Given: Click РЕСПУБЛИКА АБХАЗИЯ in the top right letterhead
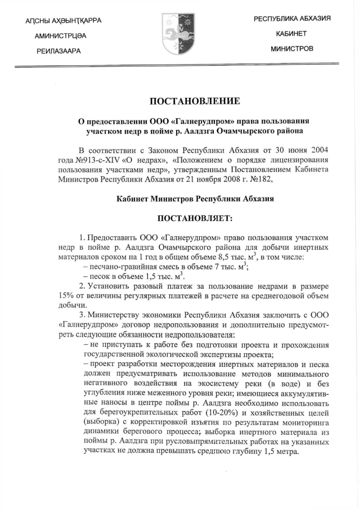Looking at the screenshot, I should (x=291, y=19).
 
